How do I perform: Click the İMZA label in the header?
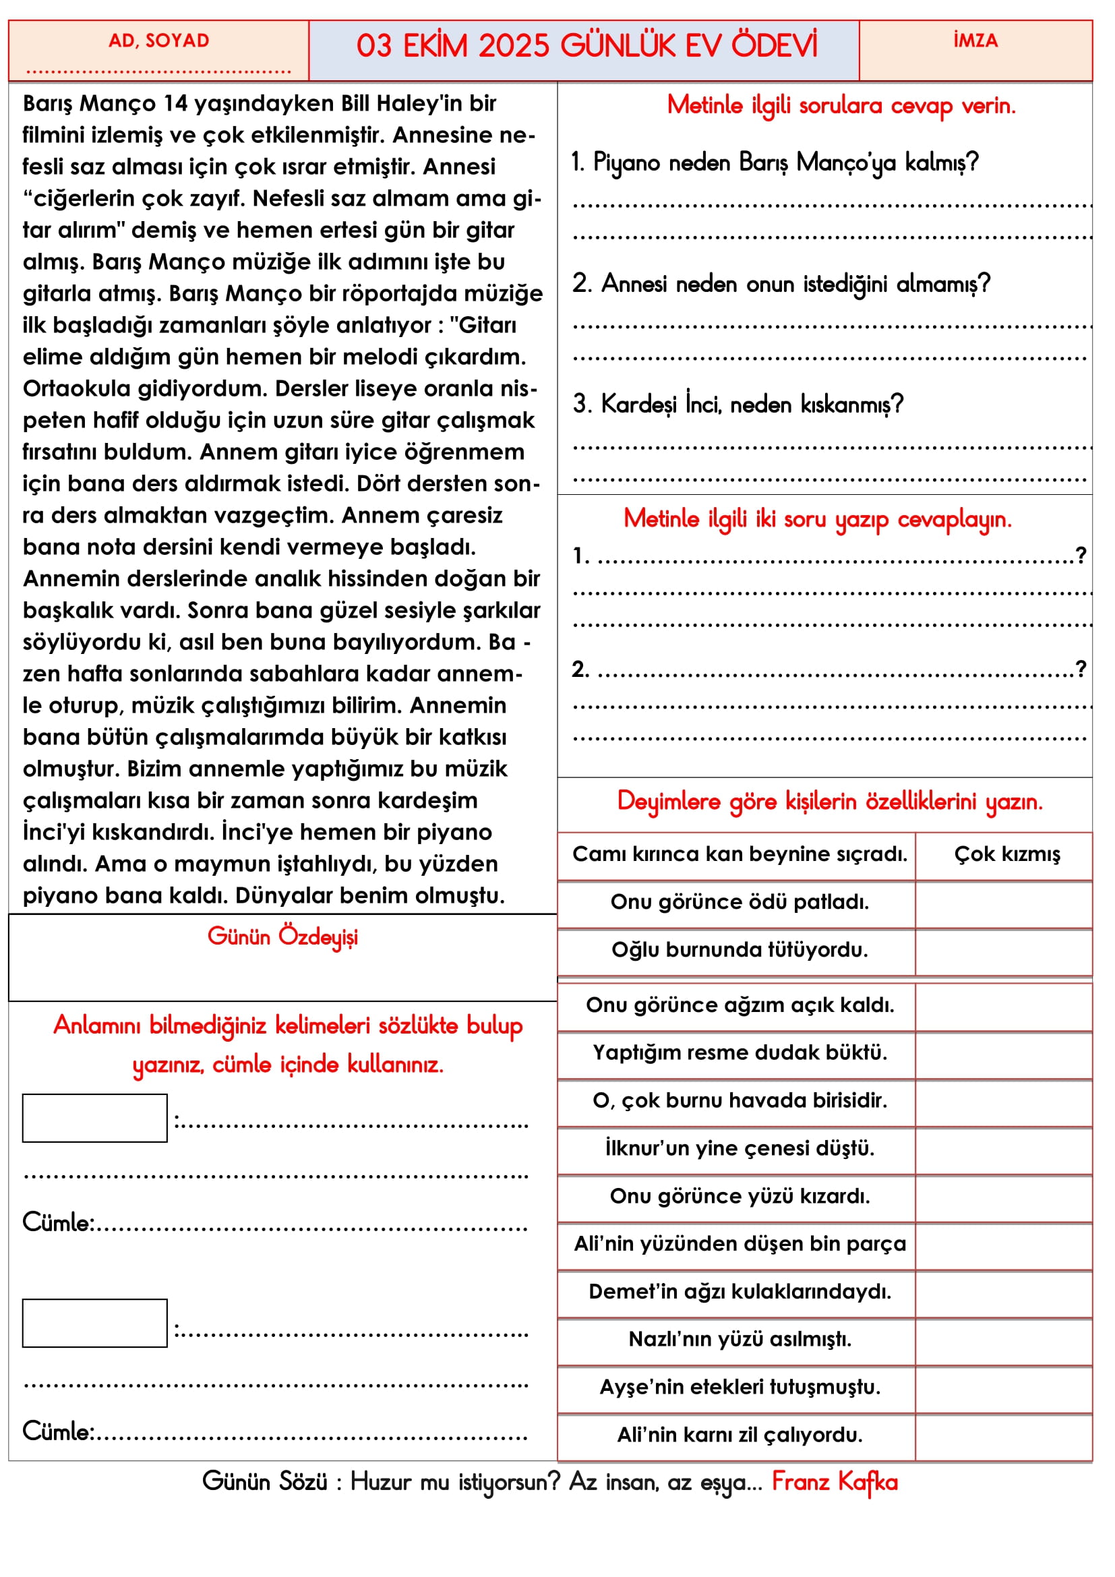(x=975, y=41)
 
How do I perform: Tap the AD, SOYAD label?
(x=158, y=41)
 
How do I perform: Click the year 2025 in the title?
(x=514, y=47)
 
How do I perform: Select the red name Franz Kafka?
(x=834, y=1482)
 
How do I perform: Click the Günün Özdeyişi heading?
(x=282, y=937)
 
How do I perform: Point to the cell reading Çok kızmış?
(x=1006, y=854)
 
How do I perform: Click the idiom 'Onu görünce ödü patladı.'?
(x=740, y=902)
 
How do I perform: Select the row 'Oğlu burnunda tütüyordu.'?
(x=740, y=950)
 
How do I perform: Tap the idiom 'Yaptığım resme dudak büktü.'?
(x=740, y=1052)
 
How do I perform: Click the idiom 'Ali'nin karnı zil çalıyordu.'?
(x=740, y=1434)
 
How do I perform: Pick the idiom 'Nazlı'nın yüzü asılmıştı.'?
(x=740, y=1339)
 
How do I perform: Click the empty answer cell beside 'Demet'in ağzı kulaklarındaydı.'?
(x=1004, y=1291)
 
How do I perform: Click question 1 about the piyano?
(x=775, y=162)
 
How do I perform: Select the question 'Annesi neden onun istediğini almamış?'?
(x=781, y=284)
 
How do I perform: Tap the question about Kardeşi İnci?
(x=738, y=405)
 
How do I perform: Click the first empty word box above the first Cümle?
(x=95, y=1118)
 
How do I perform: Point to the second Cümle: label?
(x=58, y=1432)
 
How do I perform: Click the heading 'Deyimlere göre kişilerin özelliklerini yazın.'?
(x=829, y=802)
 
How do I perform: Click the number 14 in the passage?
(x=175, y=104)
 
